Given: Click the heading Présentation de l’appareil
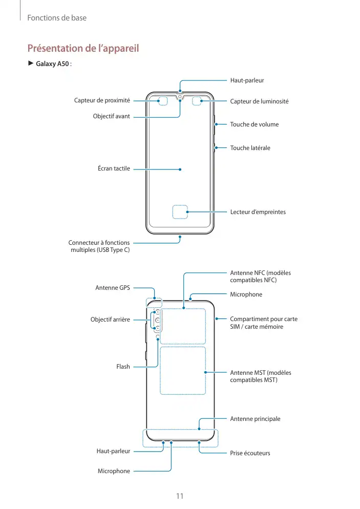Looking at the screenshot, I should click(83, 49).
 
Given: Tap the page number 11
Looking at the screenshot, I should click(180, 496).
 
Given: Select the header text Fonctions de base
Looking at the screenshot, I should click(56, 18).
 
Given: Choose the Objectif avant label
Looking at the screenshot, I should click(111, 116).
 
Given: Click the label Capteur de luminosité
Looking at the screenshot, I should click(259, 101).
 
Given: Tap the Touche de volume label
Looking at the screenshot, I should click(255, 124).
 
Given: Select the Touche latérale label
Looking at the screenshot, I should click(250, 148).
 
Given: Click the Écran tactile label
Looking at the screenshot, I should click(114, 168).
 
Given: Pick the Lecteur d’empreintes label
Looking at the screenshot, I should click(258, 212).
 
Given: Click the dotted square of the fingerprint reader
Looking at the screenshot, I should click(180, 212).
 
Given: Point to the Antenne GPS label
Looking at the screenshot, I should click(113, 288).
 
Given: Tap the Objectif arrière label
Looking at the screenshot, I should click(110, 320).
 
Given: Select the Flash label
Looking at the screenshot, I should click(123, 367).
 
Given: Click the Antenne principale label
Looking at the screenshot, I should click(255, 419).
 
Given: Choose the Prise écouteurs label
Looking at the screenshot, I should click(250, 453).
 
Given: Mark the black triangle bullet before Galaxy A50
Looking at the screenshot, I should click(30, 63).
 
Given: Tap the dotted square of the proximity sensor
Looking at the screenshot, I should click(163, 100).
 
